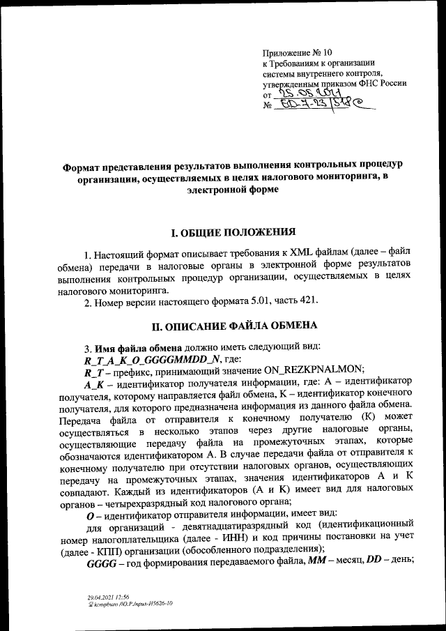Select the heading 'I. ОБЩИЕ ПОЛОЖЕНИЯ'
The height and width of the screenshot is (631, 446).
[x=222, y=231]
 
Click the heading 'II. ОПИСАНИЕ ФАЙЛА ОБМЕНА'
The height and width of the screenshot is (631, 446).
[x=222, y=325]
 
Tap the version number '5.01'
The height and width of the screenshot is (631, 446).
[x=271, y=301]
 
